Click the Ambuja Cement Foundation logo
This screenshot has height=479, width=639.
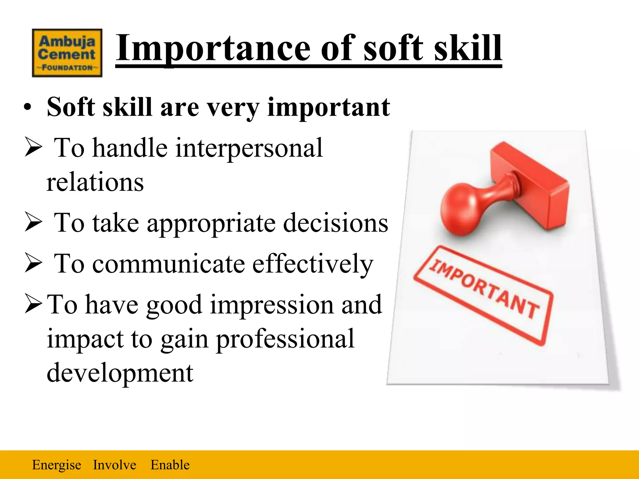[x=67, y=53]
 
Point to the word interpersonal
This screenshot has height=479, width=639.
[x=249, y=148]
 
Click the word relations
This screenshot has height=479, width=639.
[x=95, y=182]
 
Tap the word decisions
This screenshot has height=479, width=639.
[x=335, y=223]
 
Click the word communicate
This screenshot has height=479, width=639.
[x=168, y=264]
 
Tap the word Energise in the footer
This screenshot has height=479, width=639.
[x=56, y=465]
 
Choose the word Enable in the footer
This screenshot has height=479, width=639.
[x=170, y=465]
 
